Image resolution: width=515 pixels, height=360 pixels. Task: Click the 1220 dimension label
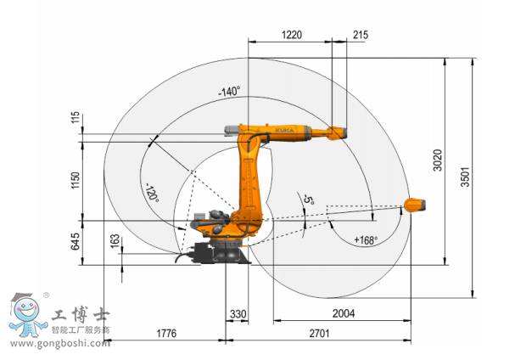(x=292, y=35)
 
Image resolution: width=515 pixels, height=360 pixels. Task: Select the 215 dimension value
(x=361, y=35)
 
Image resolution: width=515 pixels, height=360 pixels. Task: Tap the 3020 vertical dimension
(x=438, y=160)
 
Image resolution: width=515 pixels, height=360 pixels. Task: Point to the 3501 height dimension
(x=465, y=177)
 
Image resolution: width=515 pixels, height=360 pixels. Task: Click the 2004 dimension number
(x=344, y=313)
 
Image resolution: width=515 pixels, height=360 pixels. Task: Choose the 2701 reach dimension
(x=319, y=333)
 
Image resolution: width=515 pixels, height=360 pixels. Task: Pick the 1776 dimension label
(x=166, y=333)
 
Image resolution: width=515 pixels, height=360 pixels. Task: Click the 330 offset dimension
(x=238, y=314)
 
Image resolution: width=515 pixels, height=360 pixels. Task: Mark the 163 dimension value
(x=115, y=241)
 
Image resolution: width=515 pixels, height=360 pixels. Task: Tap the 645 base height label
(x=76, y=241)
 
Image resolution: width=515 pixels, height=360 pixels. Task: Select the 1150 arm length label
(x=76, y=180)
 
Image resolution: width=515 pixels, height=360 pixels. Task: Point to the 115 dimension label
(x=76, y=117)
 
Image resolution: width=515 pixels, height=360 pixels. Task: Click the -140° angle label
(x=229, y=91)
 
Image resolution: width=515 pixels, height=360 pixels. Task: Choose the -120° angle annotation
(x=152, y=193)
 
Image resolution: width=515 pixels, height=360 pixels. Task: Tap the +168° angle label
(x=366, y=240)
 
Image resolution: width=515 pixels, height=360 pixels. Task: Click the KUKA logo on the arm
(x=284, y=130)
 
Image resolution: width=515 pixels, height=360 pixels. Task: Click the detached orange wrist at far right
(x=415, y=205)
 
